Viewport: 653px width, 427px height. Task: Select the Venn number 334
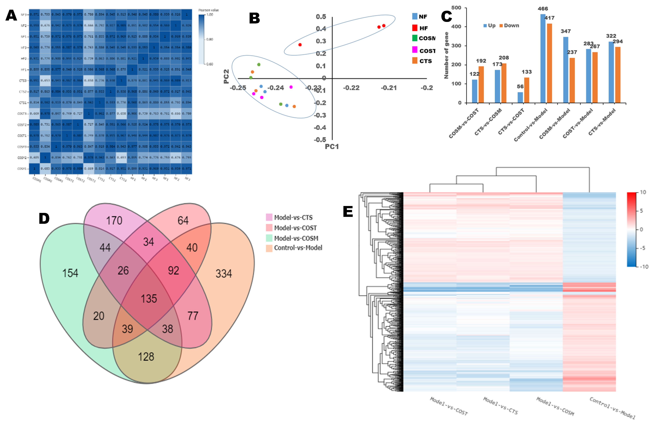coord(224,274)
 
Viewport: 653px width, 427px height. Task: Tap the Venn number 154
coord(70,273)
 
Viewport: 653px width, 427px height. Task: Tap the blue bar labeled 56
coord(520,97)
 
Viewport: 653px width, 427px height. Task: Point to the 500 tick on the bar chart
coord(456,8)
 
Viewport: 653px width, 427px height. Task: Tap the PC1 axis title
coord(332,146)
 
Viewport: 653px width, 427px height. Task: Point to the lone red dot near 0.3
coord(300,45)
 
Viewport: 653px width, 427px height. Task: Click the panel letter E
coord(348,212)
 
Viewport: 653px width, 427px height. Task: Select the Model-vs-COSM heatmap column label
coord(555,406)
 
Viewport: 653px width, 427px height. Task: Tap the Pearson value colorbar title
coord(209,10)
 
